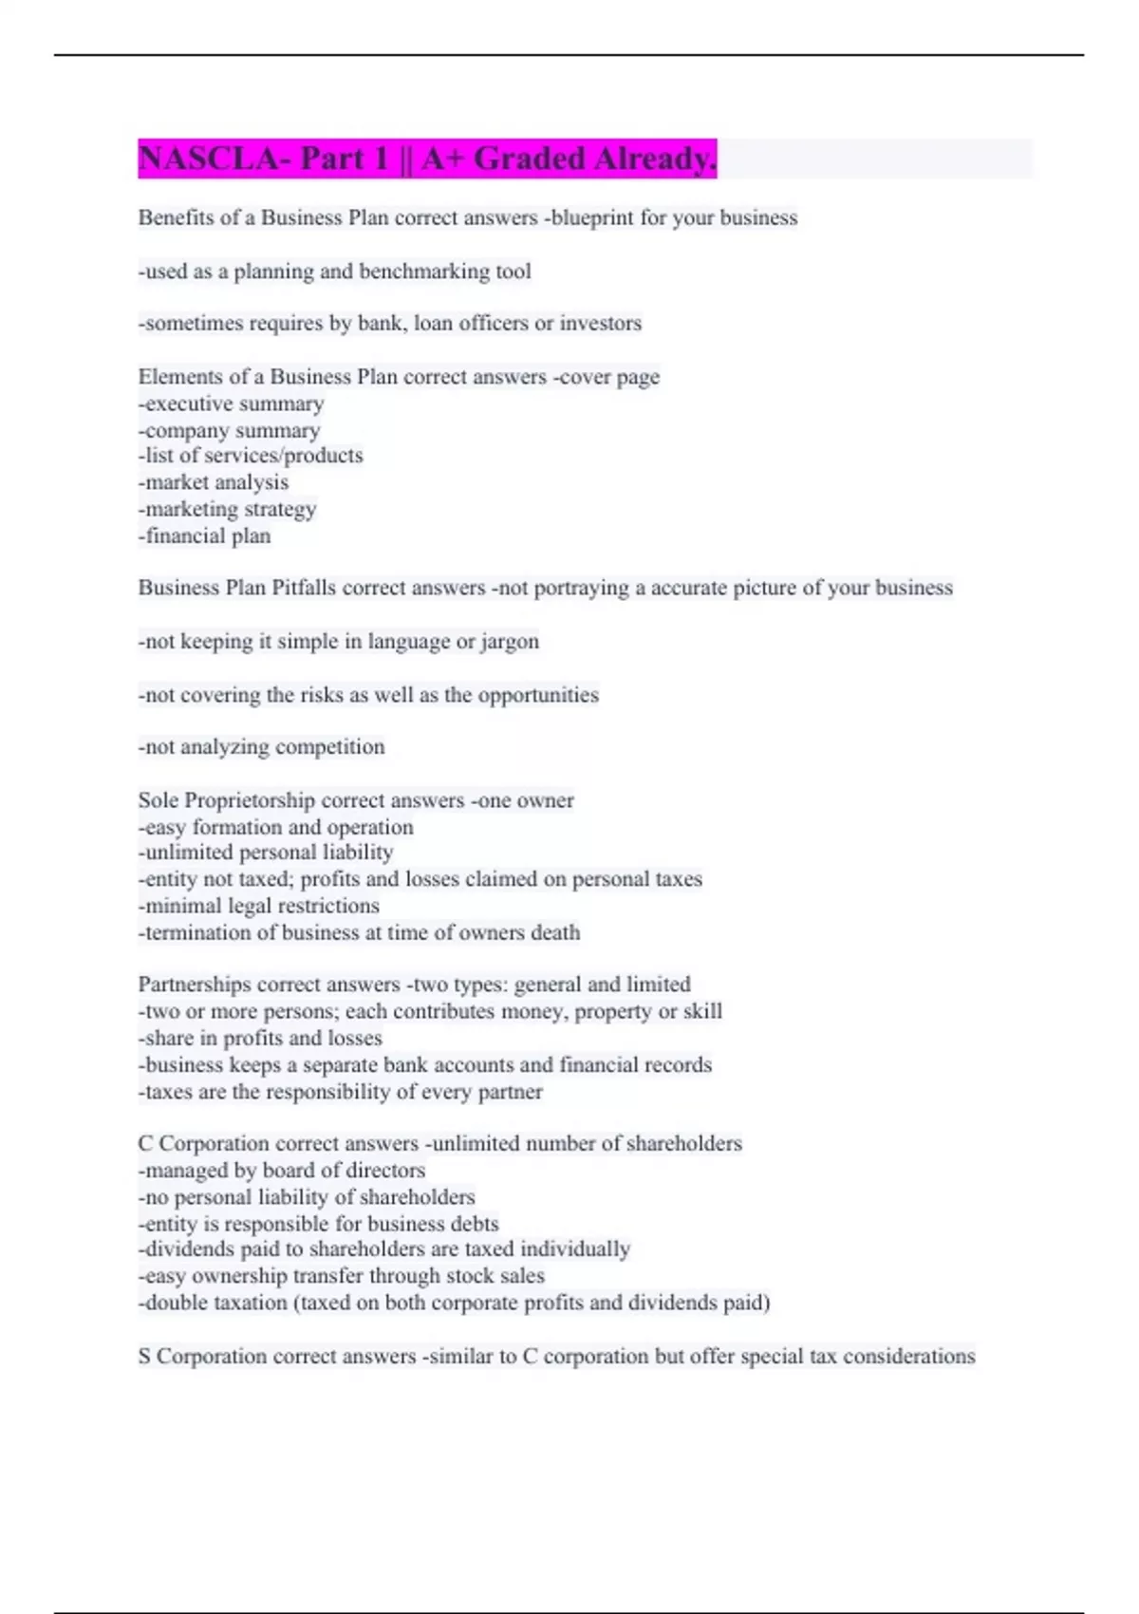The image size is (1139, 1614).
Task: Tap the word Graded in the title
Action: point(529,159)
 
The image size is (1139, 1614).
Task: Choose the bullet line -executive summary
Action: point(232,403)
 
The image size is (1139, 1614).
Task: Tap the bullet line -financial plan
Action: point(205,536)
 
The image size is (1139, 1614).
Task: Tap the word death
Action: point(555,932)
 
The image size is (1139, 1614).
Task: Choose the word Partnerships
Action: point(195,985)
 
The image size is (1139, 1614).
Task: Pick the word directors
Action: point(387,1171)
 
